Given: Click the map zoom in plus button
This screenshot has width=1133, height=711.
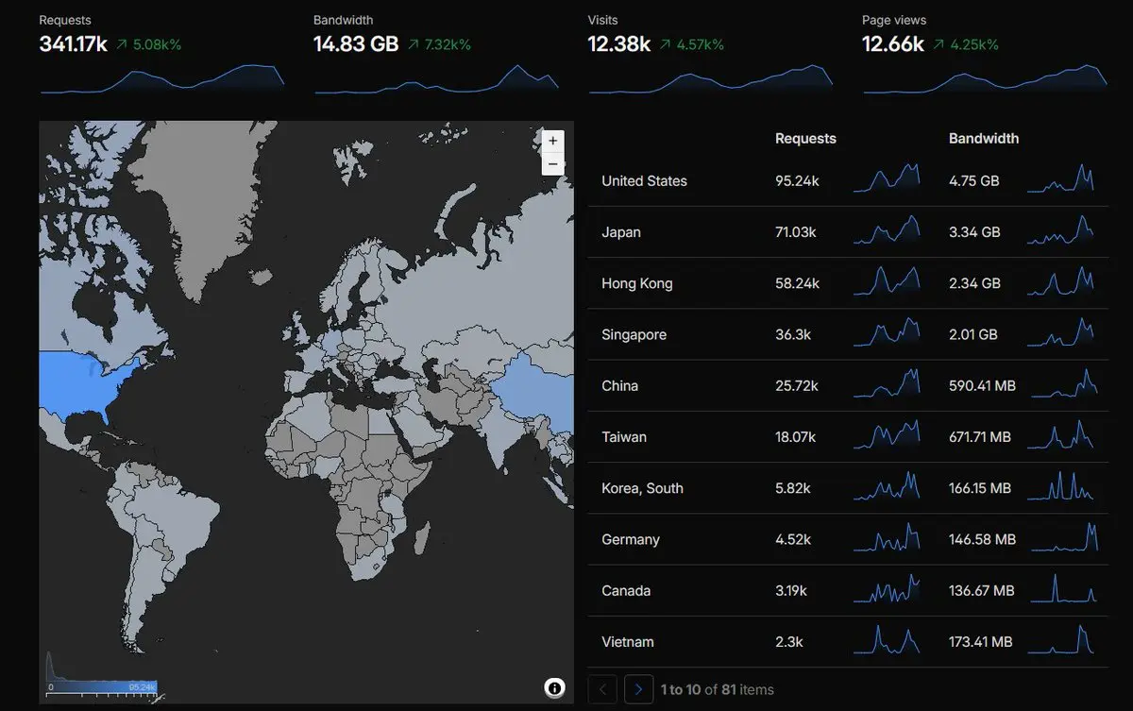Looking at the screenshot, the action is (553, 141).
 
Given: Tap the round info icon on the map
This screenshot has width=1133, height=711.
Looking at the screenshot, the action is (554, 688).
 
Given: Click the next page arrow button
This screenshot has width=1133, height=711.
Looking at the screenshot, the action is (638, 689).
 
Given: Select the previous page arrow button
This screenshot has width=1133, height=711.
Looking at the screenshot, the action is (602, 689).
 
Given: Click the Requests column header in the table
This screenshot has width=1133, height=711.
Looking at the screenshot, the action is (805, 139).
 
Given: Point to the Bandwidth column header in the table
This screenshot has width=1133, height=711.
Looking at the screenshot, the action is (984, 139).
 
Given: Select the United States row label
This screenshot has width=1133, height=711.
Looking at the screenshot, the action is (644, 181).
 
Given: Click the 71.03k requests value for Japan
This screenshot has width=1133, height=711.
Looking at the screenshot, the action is (795, 232).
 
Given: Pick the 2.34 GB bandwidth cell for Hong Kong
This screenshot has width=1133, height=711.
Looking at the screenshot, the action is (974, 283).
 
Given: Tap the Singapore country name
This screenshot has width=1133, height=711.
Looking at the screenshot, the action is (634, 335).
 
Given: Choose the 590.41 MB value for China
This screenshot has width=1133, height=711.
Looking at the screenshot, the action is (982, 386).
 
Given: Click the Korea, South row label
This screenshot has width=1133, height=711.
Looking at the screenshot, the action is (642, 488).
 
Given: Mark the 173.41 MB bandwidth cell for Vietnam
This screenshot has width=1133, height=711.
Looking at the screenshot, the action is (980, 642).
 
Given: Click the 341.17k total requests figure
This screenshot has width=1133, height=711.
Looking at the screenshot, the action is (73, 44).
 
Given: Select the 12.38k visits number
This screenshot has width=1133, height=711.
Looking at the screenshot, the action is (618, 44).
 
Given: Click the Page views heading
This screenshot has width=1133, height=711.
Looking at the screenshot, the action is (894, 20).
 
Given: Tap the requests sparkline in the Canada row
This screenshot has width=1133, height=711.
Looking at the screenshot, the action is (887, 588).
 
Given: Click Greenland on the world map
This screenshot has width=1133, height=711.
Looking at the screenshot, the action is (202, 202).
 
